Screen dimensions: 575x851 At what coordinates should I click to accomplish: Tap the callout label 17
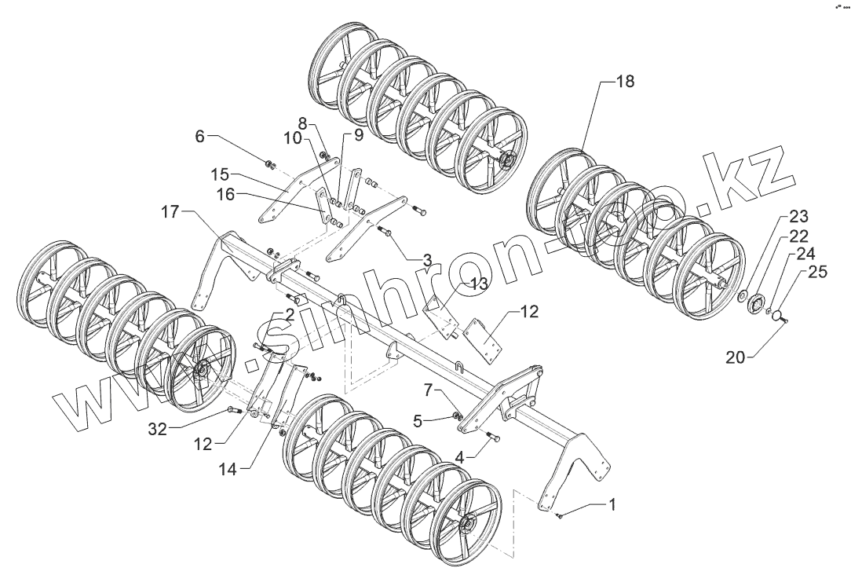click(170, 211)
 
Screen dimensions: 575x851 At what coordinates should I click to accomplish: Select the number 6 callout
click(199, 137)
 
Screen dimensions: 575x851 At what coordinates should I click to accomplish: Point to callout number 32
click(157, 428)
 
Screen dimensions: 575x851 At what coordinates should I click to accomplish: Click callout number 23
click(796, 217)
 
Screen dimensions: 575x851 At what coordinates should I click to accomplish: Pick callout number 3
click(426, 258)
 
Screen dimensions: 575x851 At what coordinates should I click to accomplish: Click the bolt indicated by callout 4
click(492, 435)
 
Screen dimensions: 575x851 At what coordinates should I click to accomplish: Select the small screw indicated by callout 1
click(558, 515)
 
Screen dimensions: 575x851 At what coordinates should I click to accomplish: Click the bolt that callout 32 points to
click(230, 410)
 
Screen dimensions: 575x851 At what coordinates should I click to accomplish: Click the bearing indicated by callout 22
click(758, 304)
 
